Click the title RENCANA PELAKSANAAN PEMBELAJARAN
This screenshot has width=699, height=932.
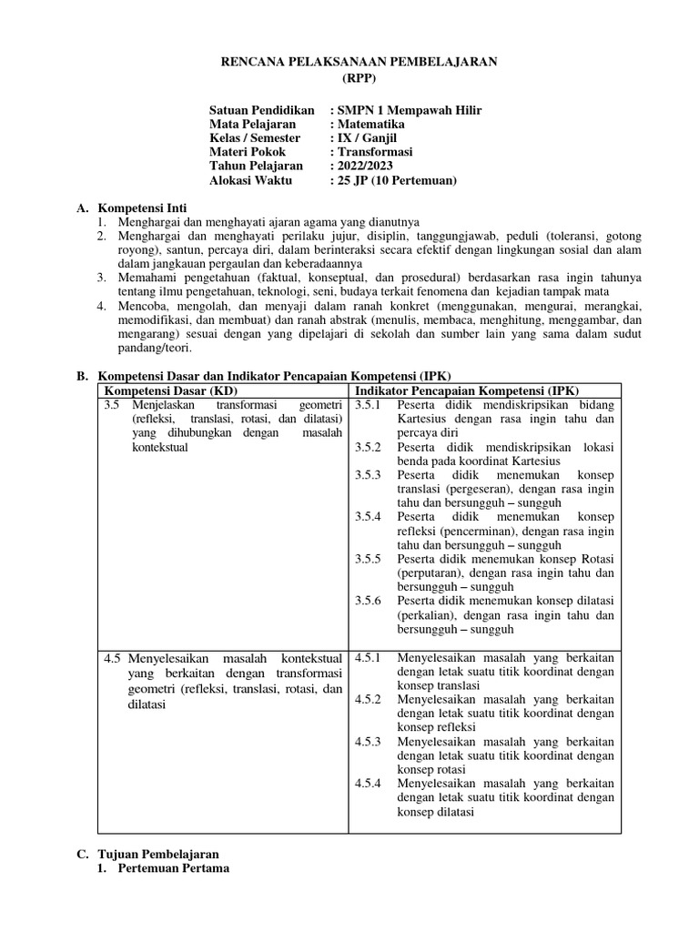(x=349, y=62)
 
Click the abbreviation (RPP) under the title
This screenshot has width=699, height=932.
(x=349, y=78)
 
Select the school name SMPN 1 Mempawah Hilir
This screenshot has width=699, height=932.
(x=409, y=110)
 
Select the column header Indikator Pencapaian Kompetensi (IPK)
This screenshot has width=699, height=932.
(x=466, y=390)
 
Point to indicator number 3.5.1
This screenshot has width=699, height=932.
(x=370, y=404)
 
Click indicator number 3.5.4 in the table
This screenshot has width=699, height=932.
(x=370, y=516)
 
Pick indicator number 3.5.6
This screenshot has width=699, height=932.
(x=370, y=601)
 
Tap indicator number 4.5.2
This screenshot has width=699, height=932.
(x=370, y=699)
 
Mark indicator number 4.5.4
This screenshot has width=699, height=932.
(x=370, y=783)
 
